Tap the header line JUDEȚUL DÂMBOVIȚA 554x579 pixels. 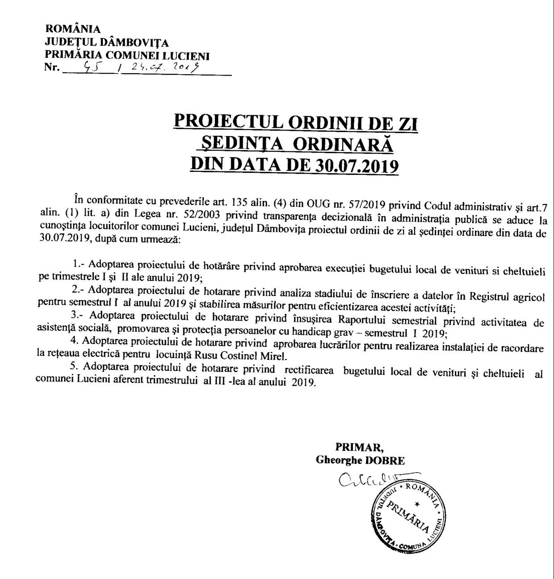[x=107, y=43]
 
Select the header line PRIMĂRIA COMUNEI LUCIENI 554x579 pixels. [x=127, y=56]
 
